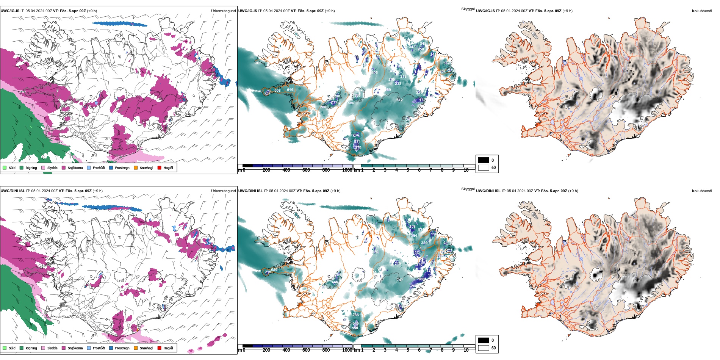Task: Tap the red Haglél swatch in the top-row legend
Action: click(160, 167)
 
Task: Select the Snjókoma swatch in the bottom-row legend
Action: click(64, 348)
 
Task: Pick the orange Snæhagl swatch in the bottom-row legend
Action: click(136, 348)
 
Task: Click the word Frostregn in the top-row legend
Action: click(122, 168)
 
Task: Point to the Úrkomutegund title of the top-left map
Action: click(223, 11)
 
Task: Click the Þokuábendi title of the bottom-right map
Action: click(702, 191)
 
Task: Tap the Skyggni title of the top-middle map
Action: click(468, 9)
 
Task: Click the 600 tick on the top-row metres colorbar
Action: click(306, 170)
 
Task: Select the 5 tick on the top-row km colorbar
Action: click(408, 170)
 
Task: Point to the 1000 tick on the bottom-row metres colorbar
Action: click(347, 350)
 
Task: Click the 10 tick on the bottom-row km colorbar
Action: click(466, 350)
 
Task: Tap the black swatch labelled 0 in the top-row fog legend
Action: click(484, 160)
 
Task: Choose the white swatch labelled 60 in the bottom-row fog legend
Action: click(484, 348)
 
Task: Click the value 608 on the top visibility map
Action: click(278, 91)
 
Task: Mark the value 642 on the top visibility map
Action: click(399, 100)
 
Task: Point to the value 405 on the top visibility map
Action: click(374, 73)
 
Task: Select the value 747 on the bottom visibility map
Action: click(400, 280)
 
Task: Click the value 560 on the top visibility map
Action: click(351, 103)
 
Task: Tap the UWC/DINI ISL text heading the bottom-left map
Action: click(13, 191)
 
